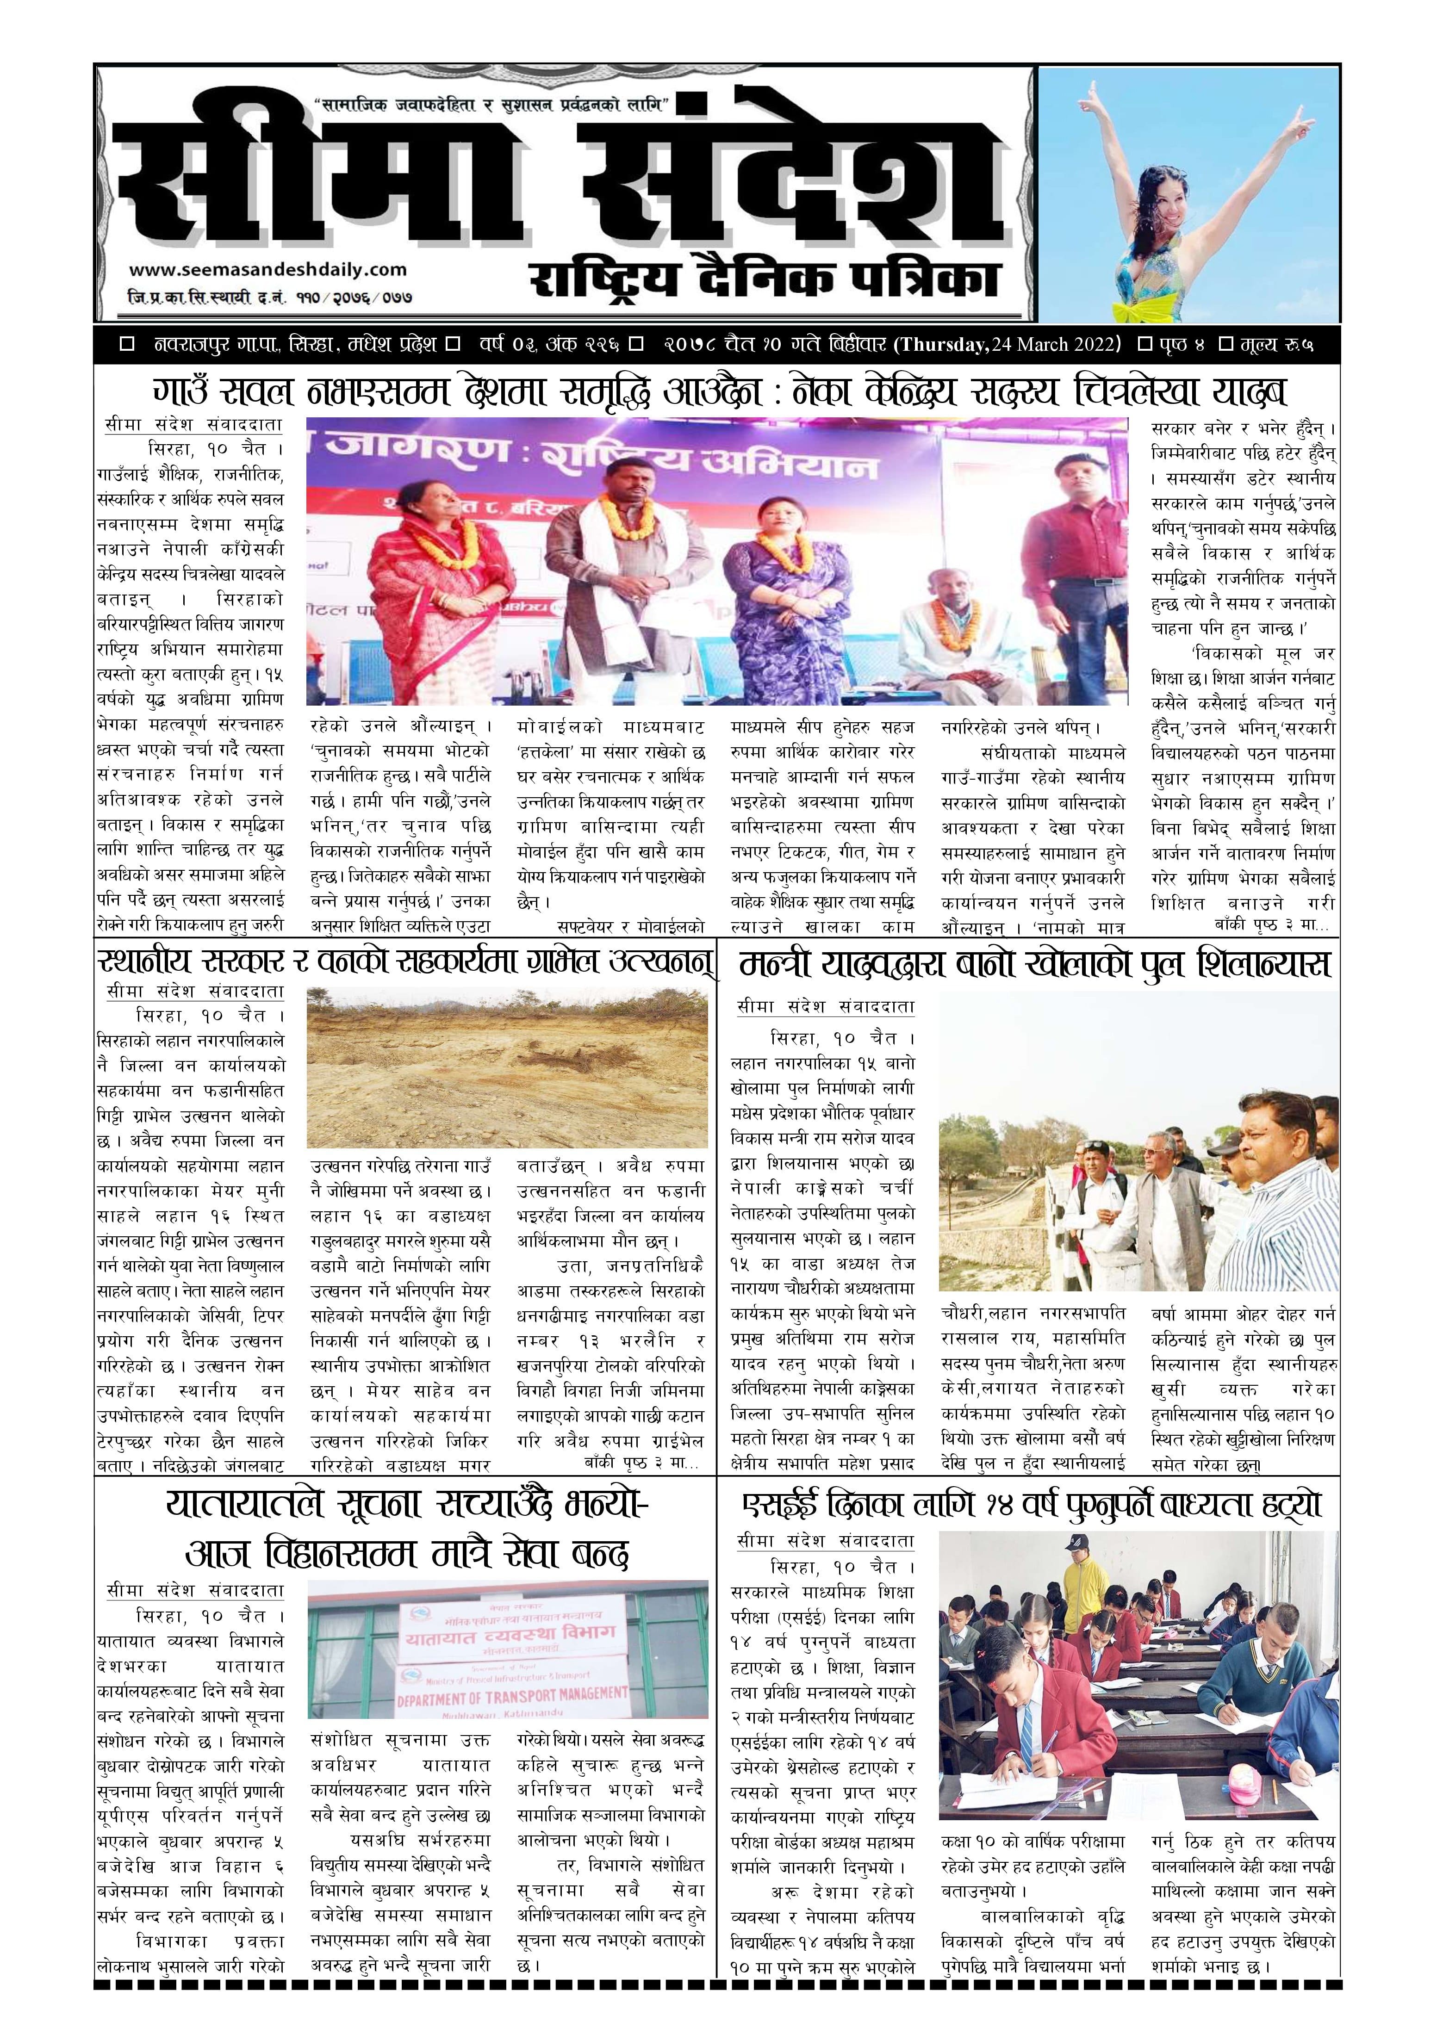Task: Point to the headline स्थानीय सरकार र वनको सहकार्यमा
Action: click(405, 962)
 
